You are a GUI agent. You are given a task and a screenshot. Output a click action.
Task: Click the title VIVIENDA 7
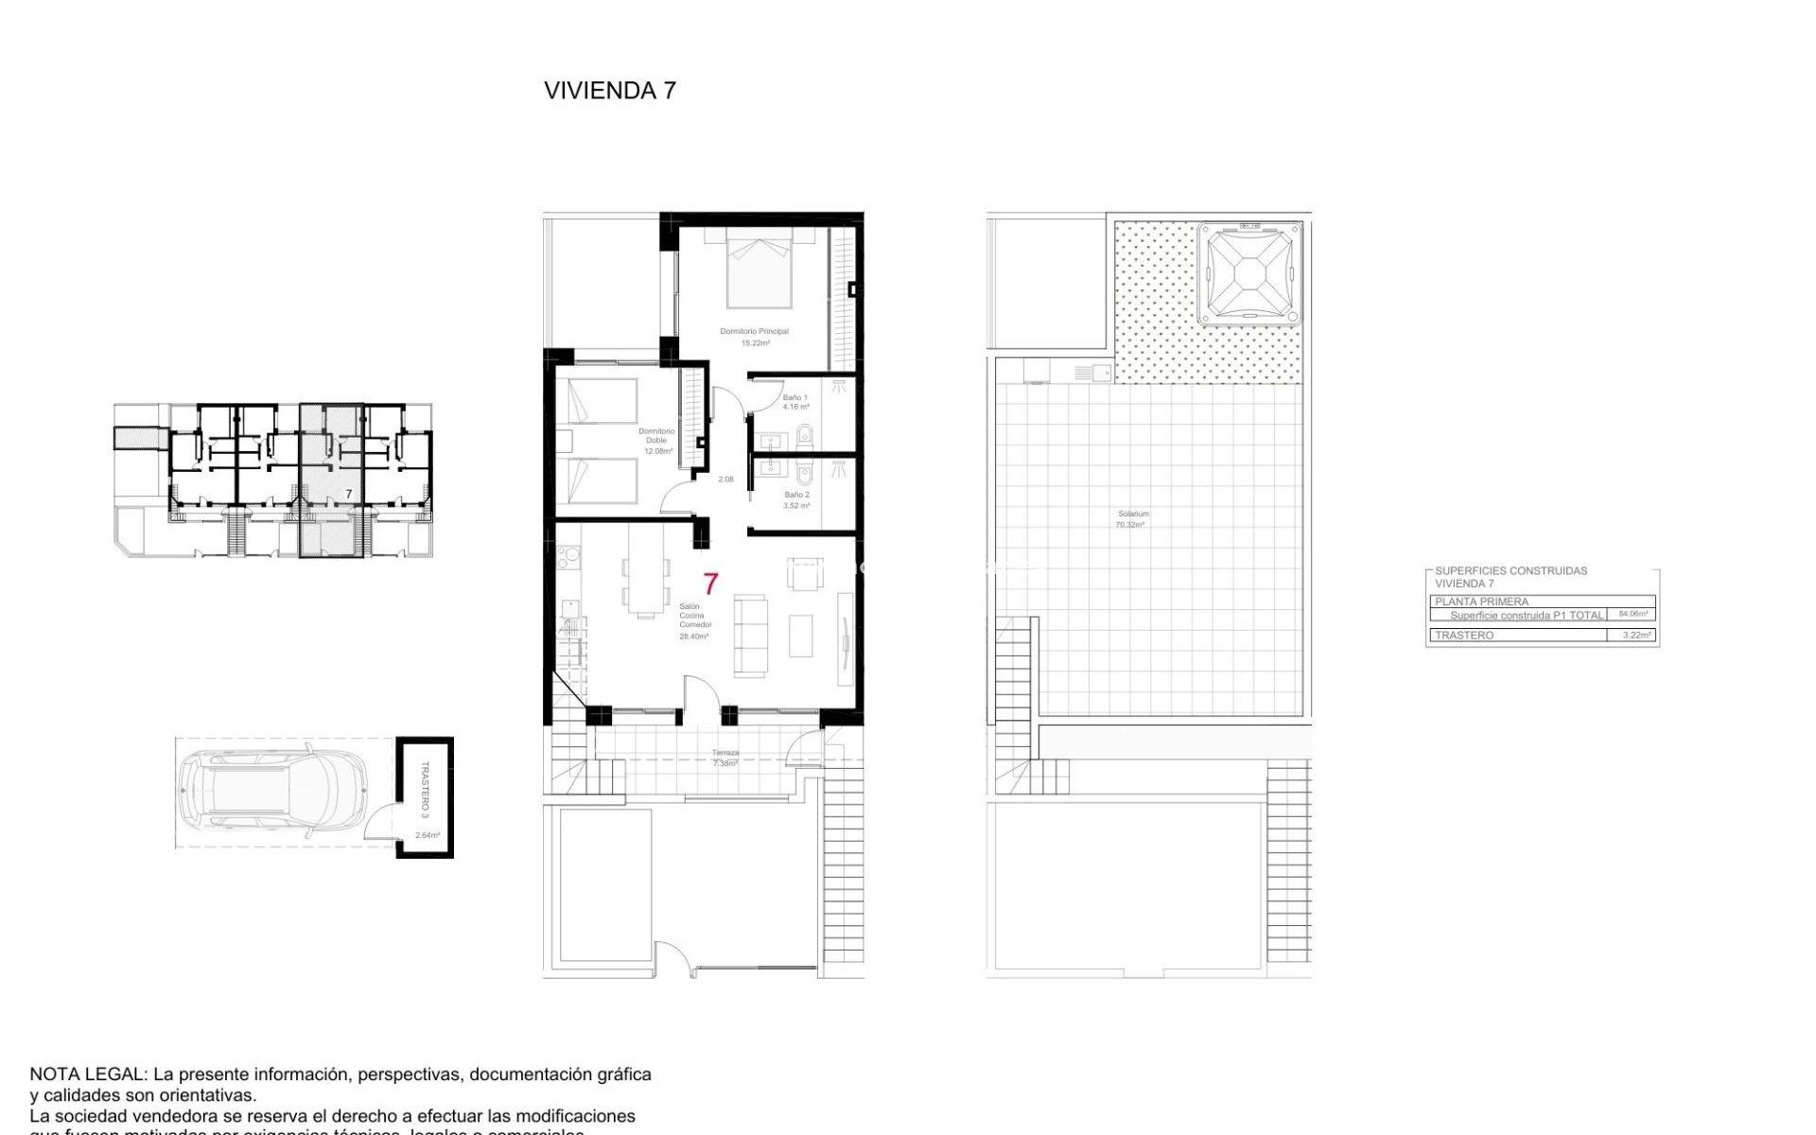610,91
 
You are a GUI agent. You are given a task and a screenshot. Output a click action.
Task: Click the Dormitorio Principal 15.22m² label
754,337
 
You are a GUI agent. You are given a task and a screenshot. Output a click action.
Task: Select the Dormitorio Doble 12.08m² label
656,441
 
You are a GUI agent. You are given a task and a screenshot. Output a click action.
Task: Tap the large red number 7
710,584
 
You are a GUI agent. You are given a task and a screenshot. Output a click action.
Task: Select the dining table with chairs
645,586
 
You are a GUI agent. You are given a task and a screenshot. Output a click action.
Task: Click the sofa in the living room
750,636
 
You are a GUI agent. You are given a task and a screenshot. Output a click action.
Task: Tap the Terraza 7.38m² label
725,758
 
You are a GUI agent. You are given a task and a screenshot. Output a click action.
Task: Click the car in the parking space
272,792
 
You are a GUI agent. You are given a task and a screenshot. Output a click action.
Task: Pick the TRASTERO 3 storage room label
425,790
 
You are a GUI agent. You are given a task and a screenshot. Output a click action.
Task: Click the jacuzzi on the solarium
1248,273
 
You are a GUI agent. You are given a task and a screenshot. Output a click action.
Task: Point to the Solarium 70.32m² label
1131,519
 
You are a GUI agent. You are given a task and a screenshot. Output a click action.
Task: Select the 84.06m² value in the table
1633,614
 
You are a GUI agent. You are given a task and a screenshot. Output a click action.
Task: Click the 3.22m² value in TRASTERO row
1636,636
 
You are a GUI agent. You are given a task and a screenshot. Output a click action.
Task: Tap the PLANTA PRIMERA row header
1481,602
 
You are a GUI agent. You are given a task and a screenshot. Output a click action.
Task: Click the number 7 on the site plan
348,494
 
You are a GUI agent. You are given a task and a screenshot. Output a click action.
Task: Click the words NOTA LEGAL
88,1074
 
